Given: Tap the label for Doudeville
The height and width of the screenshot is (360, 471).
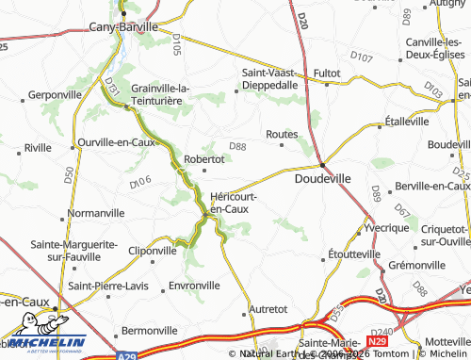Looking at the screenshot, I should [323, 176].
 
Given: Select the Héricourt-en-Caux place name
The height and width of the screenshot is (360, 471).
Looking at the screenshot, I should [232, 202].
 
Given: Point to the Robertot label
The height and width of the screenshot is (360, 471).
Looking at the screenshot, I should [203, 159].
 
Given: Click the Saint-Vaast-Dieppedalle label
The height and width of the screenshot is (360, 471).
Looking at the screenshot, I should [270, 78].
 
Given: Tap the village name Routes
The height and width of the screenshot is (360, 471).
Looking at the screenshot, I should [282, 135].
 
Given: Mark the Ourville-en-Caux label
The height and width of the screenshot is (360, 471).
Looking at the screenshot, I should [116, 141].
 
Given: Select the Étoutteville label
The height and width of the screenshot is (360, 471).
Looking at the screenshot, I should [354, 254].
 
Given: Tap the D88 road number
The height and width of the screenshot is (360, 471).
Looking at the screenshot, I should [237, 146].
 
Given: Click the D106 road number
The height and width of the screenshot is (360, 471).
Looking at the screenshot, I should [140, 182].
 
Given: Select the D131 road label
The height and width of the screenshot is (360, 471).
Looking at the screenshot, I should [110, 87].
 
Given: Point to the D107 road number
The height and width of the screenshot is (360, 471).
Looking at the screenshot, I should [361, 57].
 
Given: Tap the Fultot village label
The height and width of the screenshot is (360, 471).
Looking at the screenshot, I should [327, 72].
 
